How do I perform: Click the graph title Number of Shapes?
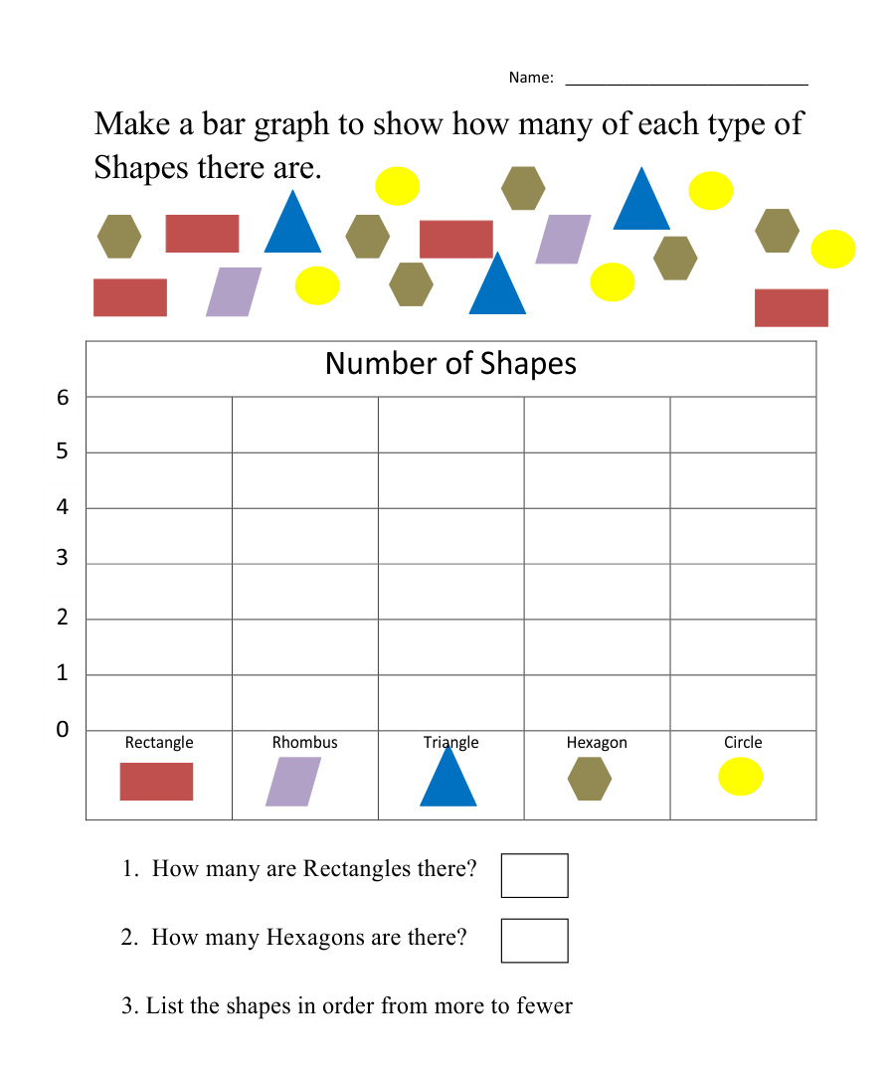tap(450, 364)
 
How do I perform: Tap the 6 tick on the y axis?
tap(63, 398)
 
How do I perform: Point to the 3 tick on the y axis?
tap(63, 558)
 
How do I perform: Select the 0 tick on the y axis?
tap(63, 730)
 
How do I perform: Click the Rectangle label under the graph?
tap(159, 743)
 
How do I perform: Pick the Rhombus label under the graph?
tap(305, 743)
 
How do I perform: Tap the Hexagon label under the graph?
tap(597, 743)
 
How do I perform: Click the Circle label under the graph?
tap(743, 743)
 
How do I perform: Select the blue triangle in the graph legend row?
tap(448, 776)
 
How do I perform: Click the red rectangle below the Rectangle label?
tap(156, 782)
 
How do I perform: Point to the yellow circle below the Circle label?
tap(741, 777)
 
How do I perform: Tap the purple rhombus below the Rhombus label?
tap(294, 782)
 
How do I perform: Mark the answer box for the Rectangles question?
tap(534, 875)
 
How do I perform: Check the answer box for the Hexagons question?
tap(534, 941)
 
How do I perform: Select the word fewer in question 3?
tap(544, 1005)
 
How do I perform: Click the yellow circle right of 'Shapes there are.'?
tap(397, 186)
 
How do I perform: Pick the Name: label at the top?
tap(531, 78)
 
